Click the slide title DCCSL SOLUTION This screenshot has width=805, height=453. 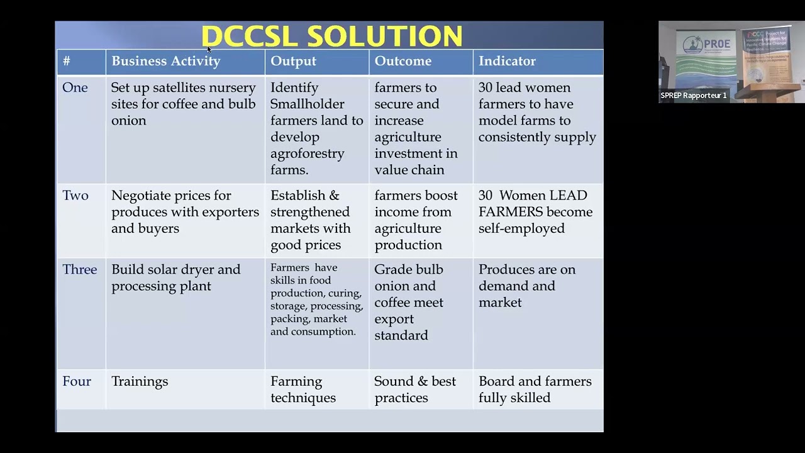click(x=331, y=36)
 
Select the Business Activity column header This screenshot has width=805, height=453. click(x=165, y=61)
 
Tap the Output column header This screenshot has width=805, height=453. click(x=293, y=61)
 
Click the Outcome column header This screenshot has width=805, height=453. click(x=402, y=61)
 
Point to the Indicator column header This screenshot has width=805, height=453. click(x=507, y=61)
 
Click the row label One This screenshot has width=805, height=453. click(x=75, y=87)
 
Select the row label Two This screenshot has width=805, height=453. click(x=75, y=196)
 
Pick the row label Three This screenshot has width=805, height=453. click(x=79, y=269)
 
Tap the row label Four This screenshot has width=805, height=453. click(x=77, y=381)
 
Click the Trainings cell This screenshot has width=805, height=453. click(x=140, y=381)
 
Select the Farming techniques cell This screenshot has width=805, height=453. click(x=303, y=389)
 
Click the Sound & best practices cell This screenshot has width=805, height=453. click(x=414, y=389)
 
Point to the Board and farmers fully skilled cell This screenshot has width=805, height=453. click(x=535, y=389)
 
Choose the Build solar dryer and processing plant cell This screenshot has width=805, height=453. click(x=175, y=277)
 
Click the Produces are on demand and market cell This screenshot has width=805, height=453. click(x=526, y=286)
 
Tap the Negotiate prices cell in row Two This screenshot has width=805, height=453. click(x=185, y=212)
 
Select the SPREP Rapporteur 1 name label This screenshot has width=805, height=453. click(x=693, y=96)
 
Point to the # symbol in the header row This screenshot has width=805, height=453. click(x=66, y=61)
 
